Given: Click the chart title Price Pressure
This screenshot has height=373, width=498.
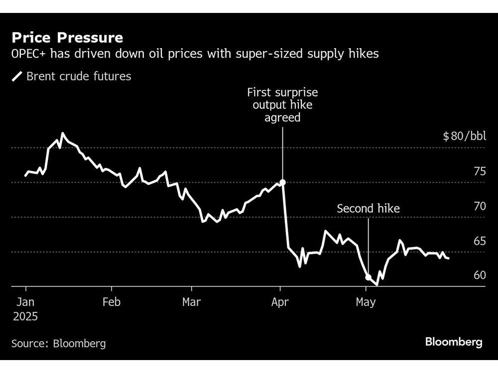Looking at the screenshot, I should [x=67, y=37].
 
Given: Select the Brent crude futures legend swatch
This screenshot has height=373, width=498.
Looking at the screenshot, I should [x=17, y=76].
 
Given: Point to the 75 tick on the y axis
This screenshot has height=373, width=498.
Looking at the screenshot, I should [x=479, y=172].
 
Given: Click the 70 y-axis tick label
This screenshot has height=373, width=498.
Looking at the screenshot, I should [x=479, y=206].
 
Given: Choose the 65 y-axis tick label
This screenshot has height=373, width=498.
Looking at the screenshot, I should [x=479, y=241].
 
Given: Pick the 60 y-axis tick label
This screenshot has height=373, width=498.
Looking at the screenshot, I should [x=479, y=275].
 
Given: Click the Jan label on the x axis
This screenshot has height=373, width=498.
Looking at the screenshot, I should [x=26, y=302].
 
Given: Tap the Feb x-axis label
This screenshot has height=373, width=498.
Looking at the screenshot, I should [x=112, y=302].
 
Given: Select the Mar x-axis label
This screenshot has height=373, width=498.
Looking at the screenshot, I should [x=192, y=302].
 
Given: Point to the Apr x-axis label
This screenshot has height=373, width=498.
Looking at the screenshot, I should [x=280, y=302].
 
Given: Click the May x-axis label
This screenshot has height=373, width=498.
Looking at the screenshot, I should [x=366, y=302].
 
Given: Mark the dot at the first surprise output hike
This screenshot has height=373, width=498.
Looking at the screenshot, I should [x=282, y=183].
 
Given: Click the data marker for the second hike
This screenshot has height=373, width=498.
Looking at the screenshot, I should [x=369, y=278].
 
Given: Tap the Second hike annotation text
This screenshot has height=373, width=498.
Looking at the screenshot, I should [x=368, y=208].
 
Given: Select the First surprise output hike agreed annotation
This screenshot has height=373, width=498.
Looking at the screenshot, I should [x=282, y=105].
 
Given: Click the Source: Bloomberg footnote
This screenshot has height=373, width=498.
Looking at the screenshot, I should [x=58, y=343].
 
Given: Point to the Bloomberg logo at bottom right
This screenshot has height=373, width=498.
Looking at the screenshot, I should [x=454, y=342].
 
